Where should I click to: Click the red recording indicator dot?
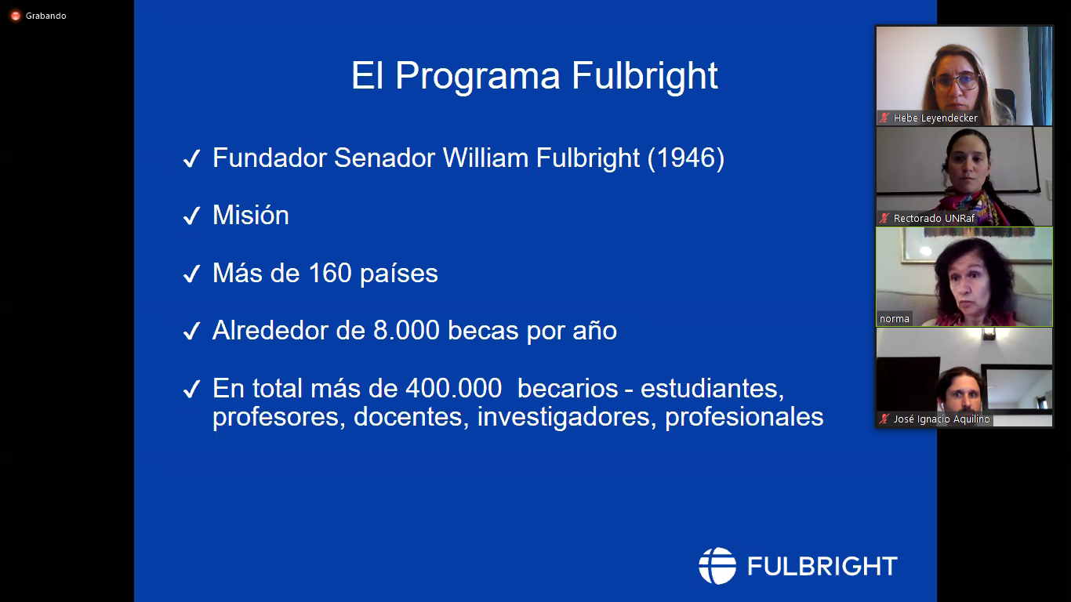click(16, 16)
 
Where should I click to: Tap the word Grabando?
click(46, 16)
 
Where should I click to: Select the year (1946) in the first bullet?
click(685, 158)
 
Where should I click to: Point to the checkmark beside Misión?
click(192, 216)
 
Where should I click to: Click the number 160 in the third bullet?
click(330, 273)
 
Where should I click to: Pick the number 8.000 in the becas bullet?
click(406, 331)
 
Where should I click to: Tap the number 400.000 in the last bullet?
click(453, 388)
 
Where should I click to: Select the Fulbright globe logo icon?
click(717, 566)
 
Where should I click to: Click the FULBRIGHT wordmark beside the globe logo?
click(822, 566)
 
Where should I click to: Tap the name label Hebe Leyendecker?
click(935, 118)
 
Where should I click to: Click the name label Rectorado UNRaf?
click(934, 219)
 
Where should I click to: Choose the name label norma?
click(894, 319)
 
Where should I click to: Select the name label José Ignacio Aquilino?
click(942, 419)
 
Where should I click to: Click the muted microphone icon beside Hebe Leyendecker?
click(884, 118)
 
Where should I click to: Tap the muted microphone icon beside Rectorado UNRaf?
click(884, 219)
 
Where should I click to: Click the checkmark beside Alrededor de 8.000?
click(192, 331)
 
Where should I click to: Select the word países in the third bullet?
click(399, 274)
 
